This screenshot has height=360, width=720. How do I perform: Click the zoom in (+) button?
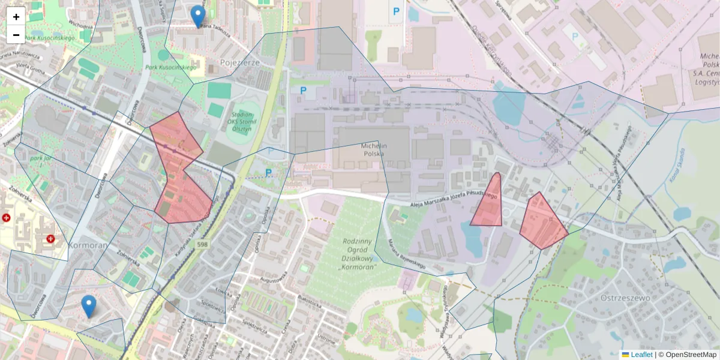(x=16, y=16)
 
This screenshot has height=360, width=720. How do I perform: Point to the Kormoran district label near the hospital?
(x=88, y=245)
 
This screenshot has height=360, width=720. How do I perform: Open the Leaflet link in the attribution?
(x=641, y=355)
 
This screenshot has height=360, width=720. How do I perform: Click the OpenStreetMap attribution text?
(x=690, y=355)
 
